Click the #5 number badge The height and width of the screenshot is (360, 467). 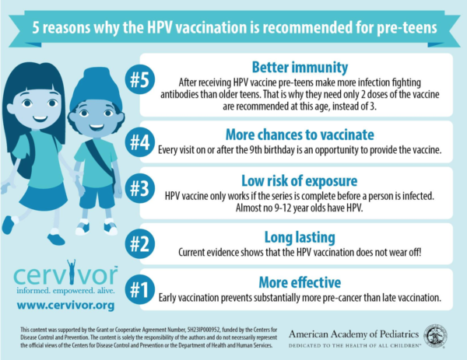click(x=140, y=79)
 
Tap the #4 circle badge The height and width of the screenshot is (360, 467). click(x=140, y=142)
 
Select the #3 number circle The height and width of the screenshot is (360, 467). click(x=140, y=188)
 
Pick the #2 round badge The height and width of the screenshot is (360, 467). click(x=140, y=244)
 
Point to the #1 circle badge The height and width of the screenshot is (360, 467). click(x=140, y=289)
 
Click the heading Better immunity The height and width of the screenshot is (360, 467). click(x=300, y=67)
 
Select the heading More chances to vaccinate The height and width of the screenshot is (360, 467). click(x=300, y=135)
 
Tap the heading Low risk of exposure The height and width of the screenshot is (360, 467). click(x=300, y=180)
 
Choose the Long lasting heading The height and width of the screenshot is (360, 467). click(x=300, y=237)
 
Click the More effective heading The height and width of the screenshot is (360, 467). click(x=300, y=282)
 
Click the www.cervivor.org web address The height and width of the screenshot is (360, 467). click(x=65, y=306)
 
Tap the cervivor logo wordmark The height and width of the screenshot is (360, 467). click(x=65, y=274)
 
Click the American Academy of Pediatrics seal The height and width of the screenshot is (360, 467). click(x=435, y=336)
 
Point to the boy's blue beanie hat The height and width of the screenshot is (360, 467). click(x=96, y=88)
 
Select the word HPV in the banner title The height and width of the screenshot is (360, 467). click(x=160, y=28)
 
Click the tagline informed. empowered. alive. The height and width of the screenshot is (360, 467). click(x=65, y=290)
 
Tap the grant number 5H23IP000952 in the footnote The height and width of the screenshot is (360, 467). click(x=204, y=330)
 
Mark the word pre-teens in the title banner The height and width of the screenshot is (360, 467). click(x=407, y=28)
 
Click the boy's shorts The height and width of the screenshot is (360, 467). click(x=97, y=197)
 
